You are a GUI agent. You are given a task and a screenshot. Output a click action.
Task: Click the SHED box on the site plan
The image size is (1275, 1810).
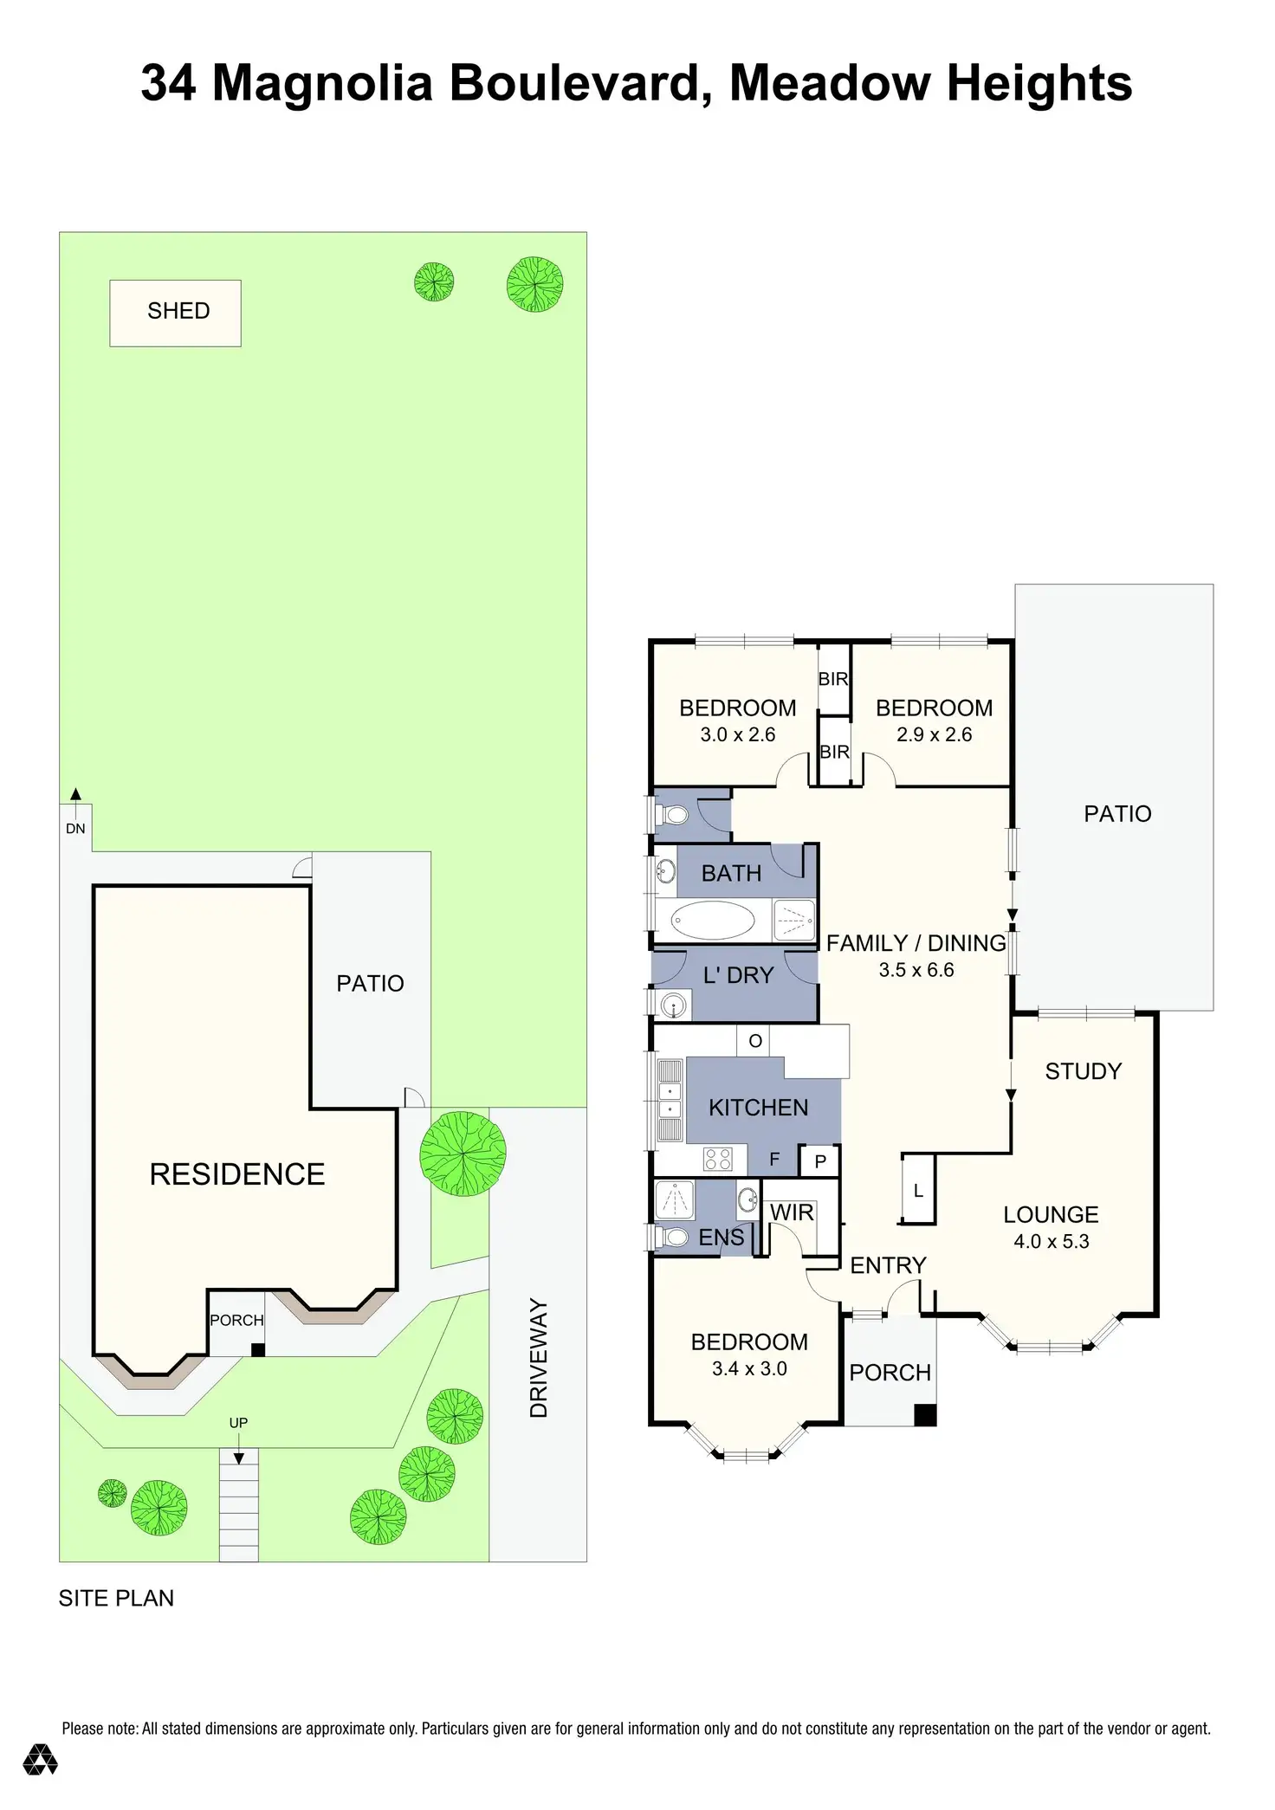tap(175, 313)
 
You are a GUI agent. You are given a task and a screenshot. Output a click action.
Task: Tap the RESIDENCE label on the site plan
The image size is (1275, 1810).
tap(237, 1174)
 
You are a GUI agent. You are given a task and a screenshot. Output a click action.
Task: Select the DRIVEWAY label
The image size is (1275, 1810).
tap(539, 1358)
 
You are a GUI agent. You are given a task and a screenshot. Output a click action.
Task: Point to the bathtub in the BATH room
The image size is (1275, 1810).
tap(713, 920)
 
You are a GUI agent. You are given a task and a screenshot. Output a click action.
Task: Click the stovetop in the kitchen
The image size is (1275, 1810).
tap(718, 1159)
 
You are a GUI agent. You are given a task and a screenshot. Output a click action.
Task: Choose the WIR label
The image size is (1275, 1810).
tap(792, 1212)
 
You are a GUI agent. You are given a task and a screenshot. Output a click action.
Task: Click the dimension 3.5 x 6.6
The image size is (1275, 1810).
tap(916, 970)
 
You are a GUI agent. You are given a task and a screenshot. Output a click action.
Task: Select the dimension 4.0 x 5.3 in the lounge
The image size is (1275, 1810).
tap(1052, 1241)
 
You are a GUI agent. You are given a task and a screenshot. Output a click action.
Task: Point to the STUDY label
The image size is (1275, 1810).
tap(1084, 1071)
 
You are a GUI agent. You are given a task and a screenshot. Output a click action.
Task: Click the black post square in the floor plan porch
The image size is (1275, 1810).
tap(926, 1414)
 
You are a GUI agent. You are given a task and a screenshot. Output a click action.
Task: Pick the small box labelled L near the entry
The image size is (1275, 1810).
tap(918, 1189)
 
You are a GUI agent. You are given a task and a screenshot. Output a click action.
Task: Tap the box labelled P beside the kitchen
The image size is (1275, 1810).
tap(820, 1161)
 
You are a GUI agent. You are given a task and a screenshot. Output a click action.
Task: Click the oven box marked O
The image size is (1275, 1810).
tap(754, 1040)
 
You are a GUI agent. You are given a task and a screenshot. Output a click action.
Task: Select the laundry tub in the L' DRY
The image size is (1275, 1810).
tap(672, 1005)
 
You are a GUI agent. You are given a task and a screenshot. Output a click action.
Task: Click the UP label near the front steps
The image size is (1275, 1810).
tap(238, 1423)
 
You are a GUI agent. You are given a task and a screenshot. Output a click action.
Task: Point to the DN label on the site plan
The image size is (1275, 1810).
tap(75, 829)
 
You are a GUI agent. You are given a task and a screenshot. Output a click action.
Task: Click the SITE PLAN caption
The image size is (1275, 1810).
tap(116, 1599)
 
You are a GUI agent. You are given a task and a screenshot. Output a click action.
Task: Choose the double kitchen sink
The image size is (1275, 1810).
tap(670, 1100)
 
